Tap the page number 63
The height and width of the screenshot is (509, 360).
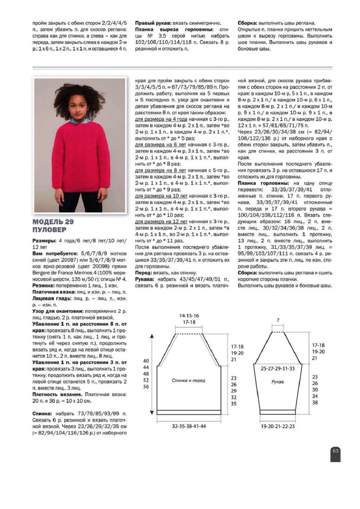pyautogui.click(x=335, y=451)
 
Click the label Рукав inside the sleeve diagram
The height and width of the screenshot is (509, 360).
pyautogui.click(x=277, y=382)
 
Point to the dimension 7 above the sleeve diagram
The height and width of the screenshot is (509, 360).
pyautogui.click(x=278, y=320)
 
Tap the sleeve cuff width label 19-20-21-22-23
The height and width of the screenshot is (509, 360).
pyautogui.click(x=278, y=426)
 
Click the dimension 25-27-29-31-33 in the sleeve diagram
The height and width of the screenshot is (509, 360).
pyautogui.click(x=278, y=368)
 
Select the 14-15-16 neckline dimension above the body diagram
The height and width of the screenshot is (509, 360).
pyautogui.click(x=189, y=315)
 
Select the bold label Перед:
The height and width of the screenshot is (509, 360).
pyautogui.click(x=144, y=273)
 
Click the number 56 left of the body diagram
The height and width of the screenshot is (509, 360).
pyautogui.click(x=146, y=386)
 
